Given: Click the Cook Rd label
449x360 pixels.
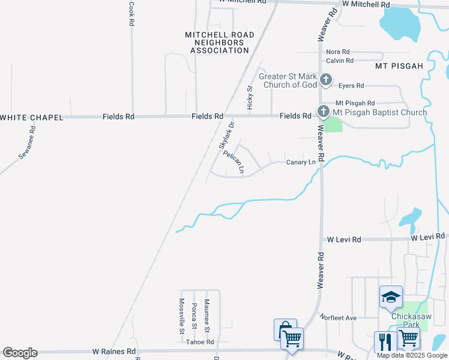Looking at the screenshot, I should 131,13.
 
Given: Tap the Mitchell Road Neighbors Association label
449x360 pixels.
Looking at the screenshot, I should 220,43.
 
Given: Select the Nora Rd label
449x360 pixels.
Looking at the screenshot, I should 338,52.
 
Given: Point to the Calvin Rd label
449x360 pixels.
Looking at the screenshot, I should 340,61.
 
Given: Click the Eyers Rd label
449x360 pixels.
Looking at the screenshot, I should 351,86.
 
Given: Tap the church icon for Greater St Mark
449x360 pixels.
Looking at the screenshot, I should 325,79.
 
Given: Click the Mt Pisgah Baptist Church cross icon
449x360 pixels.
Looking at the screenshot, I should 323,112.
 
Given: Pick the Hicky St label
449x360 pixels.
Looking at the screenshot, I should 250,97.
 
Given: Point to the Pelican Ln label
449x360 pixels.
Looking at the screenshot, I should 234,162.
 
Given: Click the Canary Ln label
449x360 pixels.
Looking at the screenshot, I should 301,162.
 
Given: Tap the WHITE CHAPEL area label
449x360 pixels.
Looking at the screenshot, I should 32,118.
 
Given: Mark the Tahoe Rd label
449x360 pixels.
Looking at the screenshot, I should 199,342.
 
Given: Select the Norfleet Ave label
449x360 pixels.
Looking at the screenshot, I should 338,317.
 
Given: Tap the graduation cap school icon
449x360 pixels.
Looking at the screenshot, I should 390,296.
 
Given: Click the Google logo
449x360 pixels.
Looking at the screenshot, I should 20,353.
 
